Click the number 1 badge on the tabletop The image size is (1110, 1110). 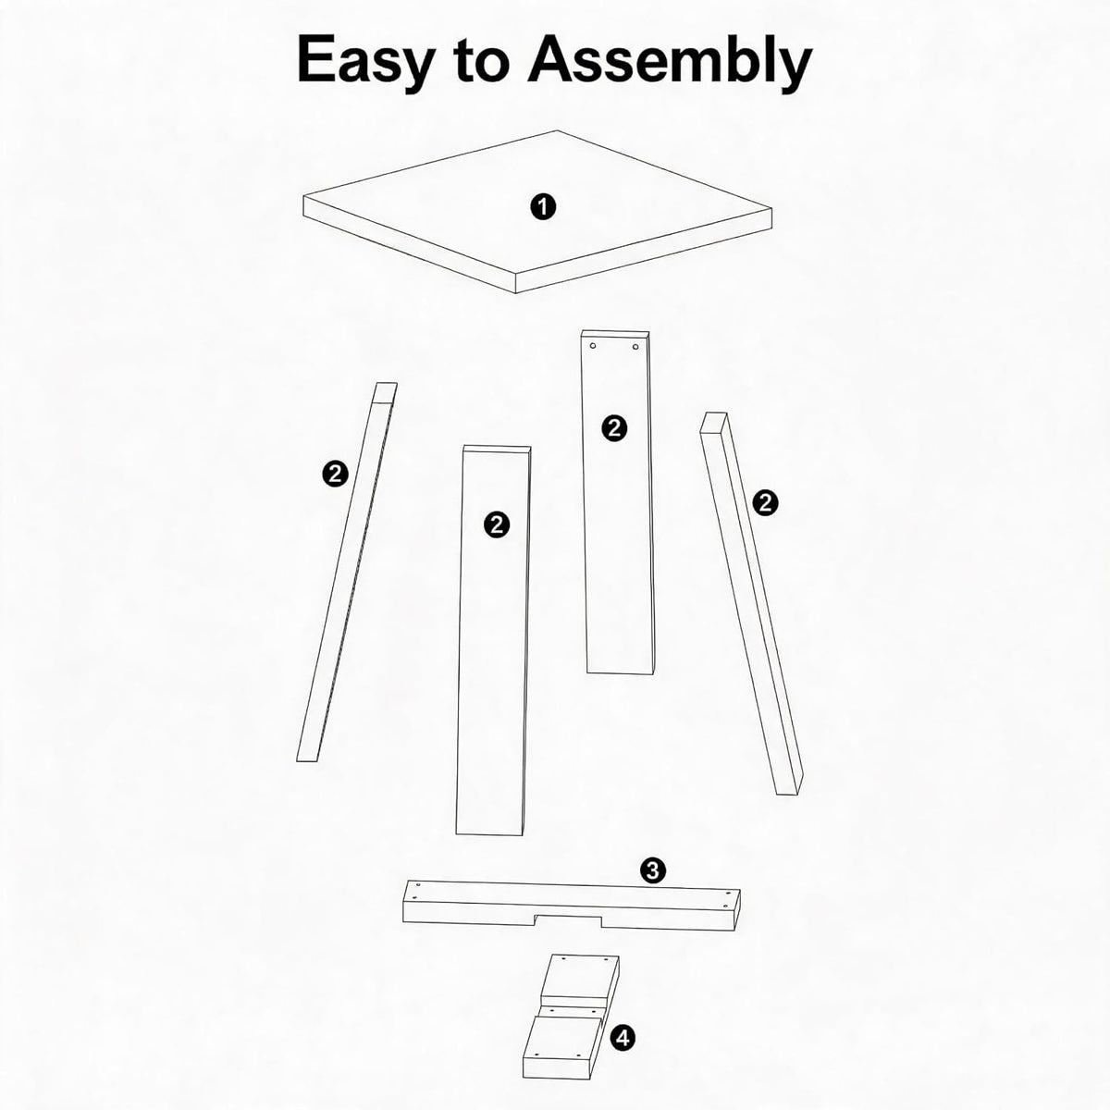click(543, 206)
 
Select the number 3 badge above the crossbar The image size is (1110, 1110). click(653, 886)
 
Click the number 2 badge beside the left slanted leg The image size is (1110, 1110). click(335, 475)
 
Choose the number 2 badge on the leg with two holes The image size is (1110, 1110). click(614, 428)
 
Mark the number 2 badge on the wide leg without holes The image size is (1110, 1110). click(497, 524)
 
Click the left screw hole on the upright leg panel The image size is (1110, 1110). click(593, 346)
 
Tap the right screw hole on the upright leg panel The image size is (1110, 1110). click(635, 347)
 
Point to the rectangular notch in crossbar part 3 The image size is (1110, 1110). click(569, 919)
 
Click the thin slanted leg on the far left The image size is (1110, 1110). click(347, 572)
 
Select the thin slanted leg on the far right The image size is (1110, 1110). click(751, 603)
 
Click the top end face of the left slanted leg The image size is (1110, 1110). click(386, 391)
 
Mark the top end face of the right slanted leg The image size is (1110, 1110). click(714, 422)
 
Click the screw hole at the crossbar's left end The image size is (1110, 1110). click(417, 901)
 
